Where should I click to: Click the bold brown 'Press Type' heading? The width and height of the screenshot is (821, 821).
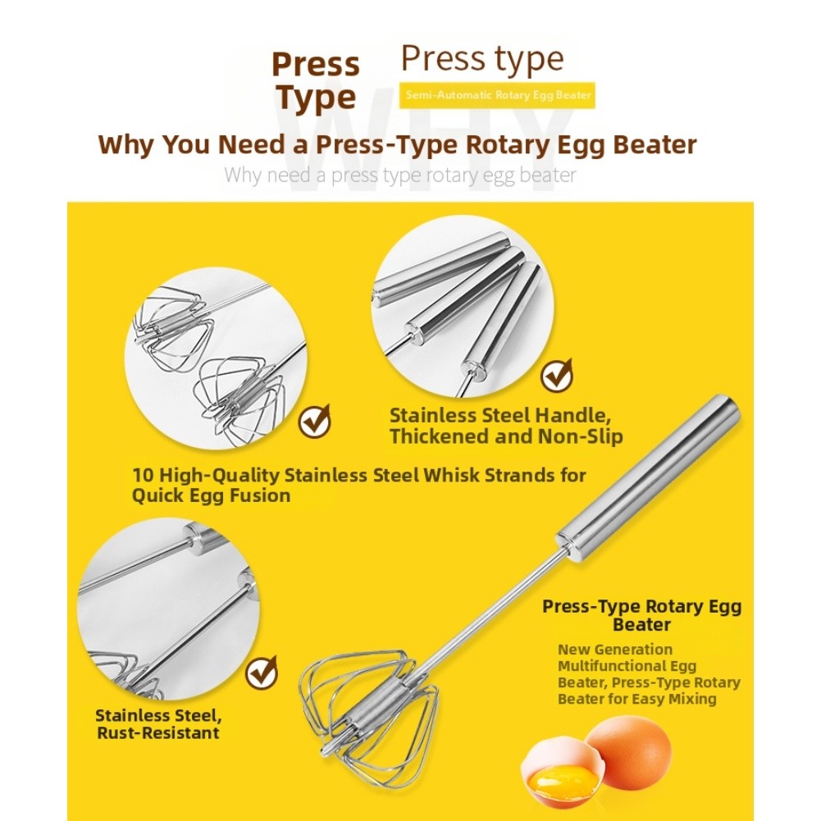(316, 81)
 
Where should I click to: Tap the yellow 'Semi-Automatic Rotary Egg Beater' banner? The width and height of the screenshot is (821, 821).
(497, 95)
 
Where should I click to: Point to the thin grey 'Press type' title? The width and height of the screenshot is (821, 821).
(482, 59)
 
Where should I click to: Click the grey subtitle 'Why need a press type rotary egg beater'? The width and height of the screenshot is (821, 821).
(400, 175)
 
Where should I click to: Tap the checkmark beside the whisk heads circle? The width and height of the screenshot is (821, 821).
(315, 421)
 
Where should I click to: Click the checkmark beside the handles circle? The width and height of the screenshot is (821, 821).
(557, 375)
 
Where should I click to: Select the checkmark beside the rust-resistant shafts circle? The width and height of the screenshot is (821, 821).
(262, 673)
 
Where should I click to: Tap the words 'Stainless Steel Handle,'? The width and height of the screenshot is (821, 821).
(500, 416)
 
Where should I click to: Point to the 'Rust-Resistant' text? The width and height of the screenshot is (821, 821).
(158, 732)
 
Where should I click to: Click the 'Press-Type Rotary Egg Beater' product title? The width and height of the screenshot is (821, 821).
(642, 615)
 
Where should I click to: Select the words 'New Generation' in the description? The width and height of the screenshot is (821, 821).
(614, 650)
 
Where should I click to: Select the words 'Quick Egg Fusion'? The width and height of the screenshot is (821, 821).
(211, 495)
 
